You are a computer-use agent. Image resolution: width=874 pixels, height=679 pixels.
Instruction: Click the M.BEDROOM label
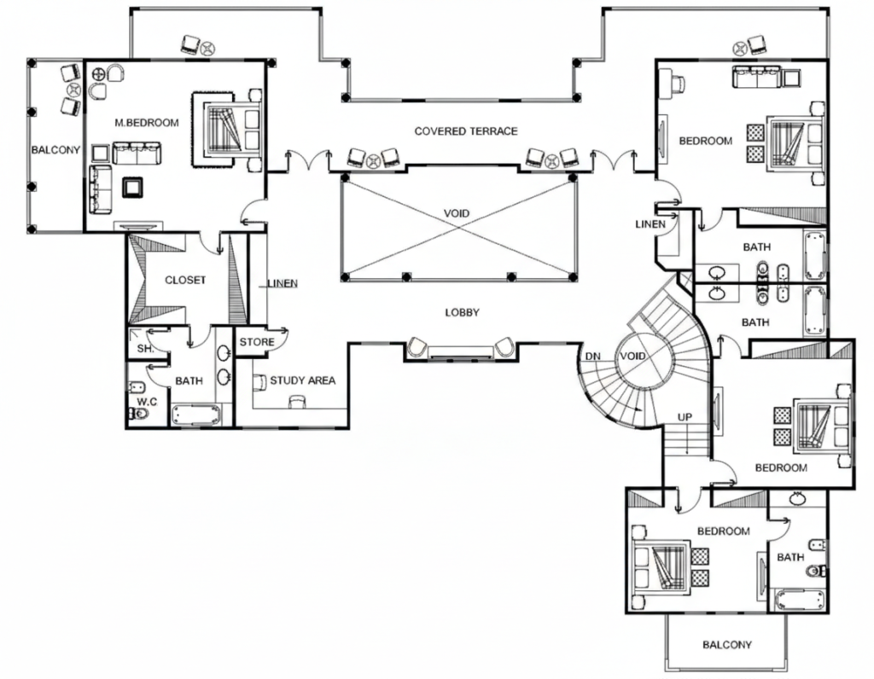pyautogui.click(x=147, y=123)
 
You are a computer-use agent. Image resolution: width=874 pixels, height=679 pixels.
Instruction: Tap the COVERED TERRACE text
pyautogui.click(x=466, y=131)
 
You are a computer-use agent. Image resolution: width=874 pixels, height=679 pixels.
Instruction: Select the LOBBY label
pyautogui.click(x=462, y=313)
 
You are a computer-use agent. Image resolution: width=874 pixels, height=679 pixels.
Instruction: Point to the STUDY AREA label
pyautogui.click(x=302, y=380)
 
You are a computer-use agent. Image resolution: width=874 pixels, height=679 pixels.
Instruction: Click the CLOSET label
pyautogui.click(x=185, y=280)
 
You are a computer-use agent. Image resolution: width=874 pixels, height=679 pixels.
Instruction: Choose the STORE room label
pyautogui.click(x=257, y=342)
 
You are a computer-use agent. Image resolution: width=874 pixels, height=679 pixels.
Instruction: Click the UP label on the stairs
pyautogui.click(x=685, y=417)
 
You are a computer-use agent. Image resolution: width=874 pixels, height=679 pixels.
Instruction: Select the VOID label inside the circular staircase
pyautogui.click(x=633, y=357)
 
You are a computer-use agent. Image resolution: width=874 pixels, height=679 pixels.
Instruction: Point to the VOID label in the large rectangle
pyautogui.click(x=457, y=213)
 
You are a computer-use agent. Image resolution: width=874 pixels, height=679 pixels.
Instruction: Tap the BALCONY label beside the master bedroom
pyautogui.click(x=55, y=150)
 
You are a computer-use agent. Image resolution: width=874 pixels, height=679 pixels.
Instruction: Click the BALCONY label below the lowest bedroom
pyautogui.click(x=727, y=645)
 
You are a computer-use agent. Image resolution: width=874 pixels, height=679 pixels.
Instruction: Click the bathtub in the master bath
pyautogui.click(x=196, y=415)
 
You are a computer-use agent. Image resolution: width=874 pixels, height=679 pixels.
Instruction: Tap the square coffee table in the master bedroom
pyautogui.click(x=132, y=187)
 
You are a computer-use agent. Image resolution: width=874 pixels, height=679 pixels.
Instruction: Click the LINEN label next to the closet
pyautogui.click(x=283, y=283)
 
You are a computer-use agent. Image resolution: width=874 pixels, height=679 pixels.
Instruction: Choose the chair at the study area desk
pyautogui.click(x=297, y=402)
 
